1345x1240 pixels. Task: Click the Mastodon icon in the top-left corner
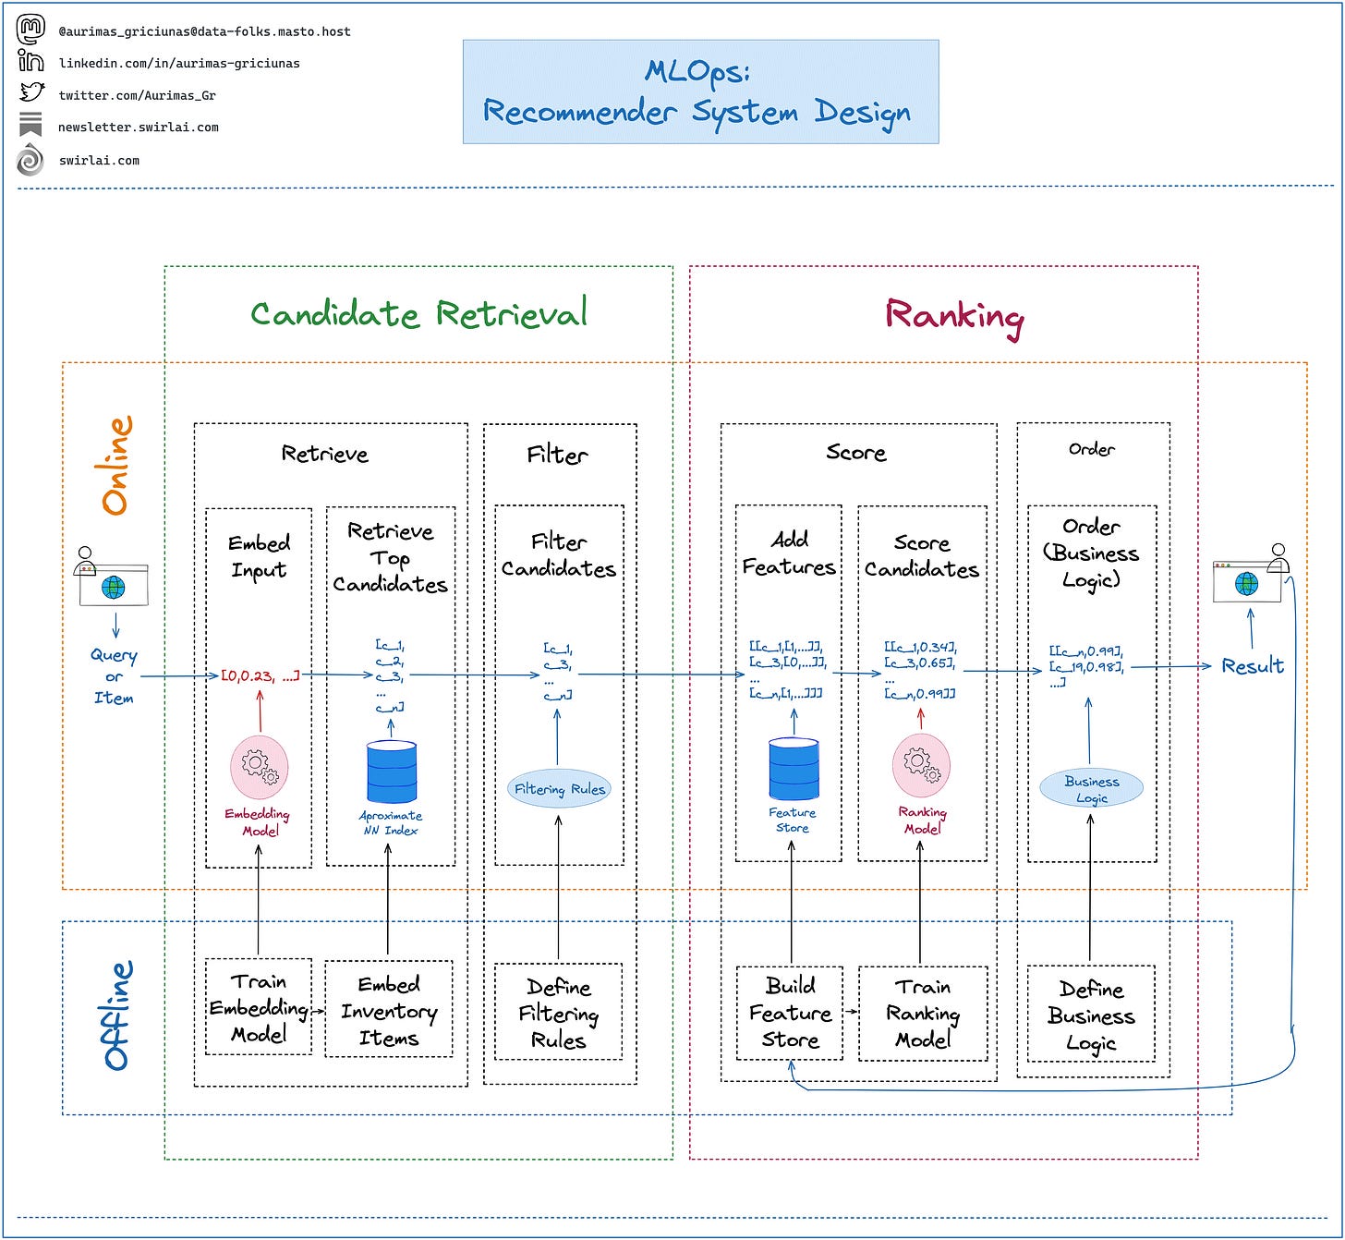click(30, 30)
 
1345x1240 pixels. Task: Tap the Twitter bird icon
click(31, 91)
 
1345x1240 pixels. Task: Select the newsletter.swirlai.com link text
click(139, 128)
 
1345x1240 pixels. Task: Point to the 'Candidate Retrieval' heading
click(418, 314)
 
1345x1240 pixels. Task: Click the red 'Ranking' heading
click(954, 317)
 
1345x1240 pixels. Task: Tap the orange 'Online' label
click(115, 466)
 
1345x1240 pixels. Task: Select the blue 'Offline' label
click(117, 1015)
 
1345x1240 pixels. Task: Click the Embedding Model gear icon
click(260, 767)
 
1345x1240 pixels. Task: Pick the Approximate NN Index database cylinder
click(392, 772)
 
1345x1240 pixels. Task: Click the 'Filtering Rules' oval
click(559, 789)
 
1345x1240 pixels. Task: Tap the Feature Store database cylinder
click(794, 769)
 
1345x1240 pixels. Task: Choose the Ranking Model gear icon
click(921, 765)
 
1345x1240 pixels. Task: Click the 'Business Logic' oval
click(1091, 788)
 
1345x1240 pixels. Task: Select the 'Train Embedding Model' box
click(259, 1007)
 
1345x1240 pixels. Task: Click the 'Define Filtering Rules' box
click(559, 1012)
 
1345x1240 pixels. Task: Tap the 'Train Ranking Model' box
click(923, 1014)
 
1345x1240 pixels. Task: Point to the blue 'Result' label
click(1253, 666)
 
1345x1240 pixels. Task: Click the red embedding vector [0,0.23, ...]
click(261, 675)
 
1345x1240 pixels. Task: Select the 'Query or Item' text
click(114, 676)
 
